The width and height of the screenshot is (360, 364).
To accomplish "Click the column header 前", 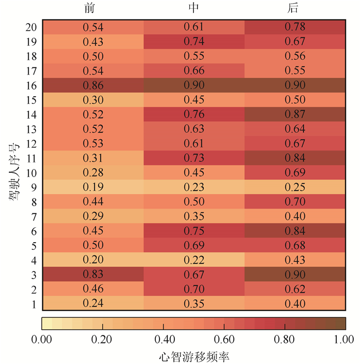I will [93, 9].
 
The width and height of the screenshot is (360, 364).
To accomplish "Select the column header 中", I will [194, 9].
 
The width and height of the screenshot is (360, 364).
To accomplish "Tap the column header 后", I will [294, 9].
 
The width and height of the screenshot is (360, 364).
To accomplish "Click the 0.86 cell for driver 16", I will [93, 84].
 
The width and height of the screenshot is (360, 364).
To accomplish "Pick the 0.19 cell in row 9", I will [93, 187].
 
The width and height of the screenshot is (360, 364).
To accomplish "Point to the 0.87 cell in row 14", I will [295, 114].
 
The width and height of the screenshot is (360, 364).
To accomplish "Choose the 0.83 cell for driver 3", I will [93, 274].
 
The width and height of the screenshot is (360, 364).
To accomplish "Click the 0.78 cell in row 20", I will [295, 26].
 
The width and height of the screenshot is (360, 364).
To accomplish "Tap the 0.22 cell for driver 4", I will [194, 260].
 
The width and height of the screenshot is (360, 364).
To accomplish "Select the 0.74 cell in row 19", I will [194, 41].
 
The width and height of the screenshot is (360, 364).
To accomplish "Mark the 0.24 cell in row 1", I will [93, 303].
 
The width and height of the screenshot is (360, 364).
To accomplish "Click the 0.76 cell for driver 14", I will [194, 114].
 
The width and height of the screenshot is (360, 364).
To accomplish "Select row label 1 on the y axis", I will [33, 304].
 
